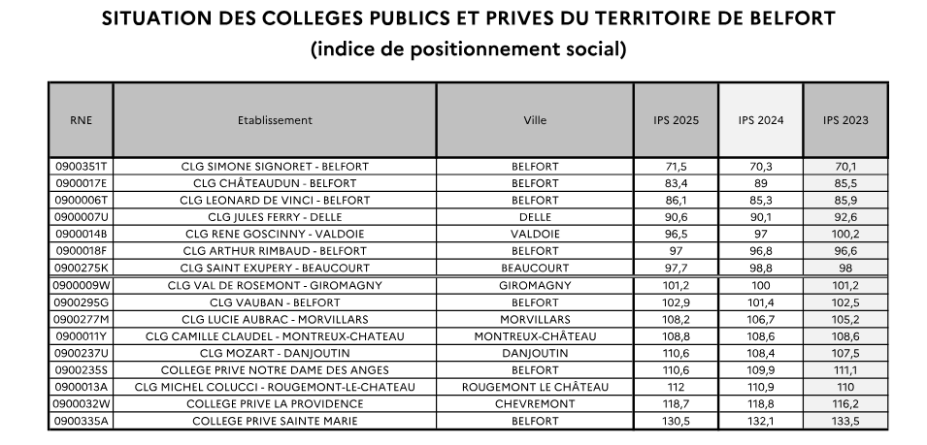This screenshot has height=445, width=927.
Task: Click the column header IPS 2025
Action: [x=676, y=121]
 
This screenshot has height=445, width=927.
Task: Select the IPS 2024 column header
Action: [x=760, y=121]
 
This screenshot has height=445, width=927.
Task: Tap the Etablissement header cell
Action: [x=275, y=121]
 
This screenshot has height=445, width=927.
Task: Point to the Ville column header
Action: [x=535, y=121]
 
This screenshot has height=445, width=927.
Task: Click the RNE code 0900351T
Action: [x=82, y=167]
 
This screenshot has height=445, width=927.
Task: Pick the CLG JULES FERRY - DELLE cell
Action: [x=275, y=216]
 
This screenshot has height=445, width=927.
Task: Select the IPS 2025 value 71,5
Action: [x=676, y=167]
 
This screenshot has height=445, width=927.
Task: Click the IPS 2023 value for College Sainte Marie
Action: [x=844, y=421]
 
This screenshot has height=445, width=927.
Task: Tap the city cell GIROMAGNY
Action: [x=535, y=285]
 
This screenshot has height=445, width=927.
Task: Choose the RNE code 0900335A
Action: [x=82, y=421]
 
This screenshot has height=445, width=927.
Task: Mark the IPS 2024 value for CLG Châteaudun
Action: [x=760, y=182]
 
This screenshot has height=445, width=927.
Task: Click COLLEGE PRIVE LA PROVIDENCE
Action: [x=275, y=404]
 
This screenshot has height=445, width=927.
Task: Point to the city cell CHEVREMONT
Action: [x=535, y=404]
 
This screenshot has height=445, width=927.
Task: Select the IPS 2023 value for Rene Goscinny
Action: [x=844, y=234]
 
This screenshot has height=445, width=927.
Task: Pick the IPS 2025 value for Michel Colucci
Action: [x=676, y=387]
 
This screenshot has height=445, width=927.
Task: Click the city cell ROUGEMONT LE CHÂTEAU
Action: [x=535, y=387]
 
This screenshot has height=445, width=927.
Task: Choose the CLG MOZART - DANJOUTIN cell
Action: [x=275, y=353]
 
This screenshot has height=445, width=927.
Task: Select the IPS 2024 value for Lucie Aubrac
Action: [x=760, y=319]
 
